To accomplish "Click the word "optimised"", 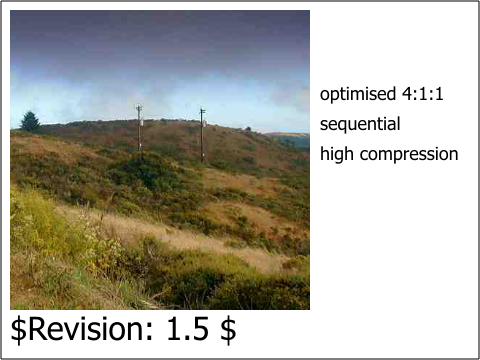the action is tap(358, 94).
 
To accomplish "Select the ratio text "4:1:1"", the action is tap(423, 94).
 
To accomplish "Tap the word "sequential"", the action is tap(360, 124).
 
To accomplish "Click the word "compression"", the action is tap(409, 155).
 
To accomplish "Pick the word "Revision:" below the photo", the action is tap(91, 329).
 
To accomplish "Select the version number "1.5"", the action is tap(188, 329).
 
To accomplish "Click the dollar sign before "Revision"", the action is tap(19, 329).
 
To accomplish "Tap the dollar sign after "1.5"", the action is tap(228, 329).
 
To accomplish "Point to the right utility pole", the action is tap(202, 135).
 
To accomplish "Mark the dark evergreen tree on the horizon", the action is tap(30, 121).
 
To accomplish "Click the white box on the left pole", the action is tap(142, 123).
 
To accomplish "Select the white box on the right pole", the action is tap(205, 123).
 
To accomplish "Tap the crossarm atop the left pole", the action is tap(139, 107).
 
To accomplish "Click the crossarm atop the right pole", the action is tap(202, 110).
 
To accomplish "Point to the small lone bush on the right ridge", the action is tap(248, 129).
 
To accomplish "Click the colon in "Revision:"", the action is tap(148, 331).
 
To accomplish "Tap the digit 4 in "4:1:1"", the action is tap(407, 94).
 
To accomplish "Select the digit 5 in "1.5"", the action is tap(201, 329).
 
